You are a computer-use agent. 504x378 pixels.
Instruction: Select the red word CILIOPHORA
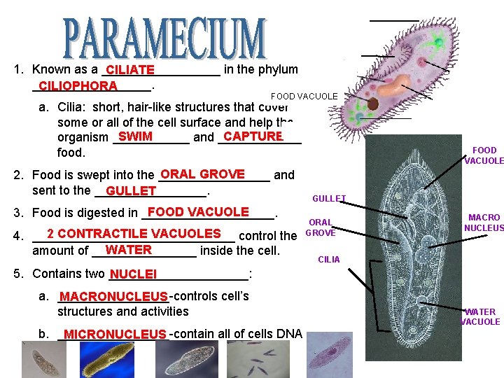(x=78, y=86)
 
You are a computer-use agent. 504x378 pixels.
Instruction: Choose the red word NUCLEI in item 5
(x=133, y=274)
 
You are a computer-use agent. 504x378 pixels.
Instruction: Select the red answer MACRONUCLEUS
(x=114, y=297)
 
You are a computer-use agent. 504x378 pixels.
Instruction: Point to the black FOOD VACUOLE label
(x=304, y=96)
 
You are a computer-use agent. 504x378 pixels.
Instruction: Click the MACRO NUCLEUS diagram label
(x=484, y=223)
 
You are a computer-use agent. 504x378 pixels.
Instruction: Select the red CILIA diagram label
(x=329, y=260)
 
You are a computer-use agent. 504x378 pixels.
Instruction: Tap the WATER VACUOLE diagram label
(x=480, y=316)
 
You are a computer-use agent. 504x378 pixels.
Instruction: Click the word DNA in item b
(x=288, y=334)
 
